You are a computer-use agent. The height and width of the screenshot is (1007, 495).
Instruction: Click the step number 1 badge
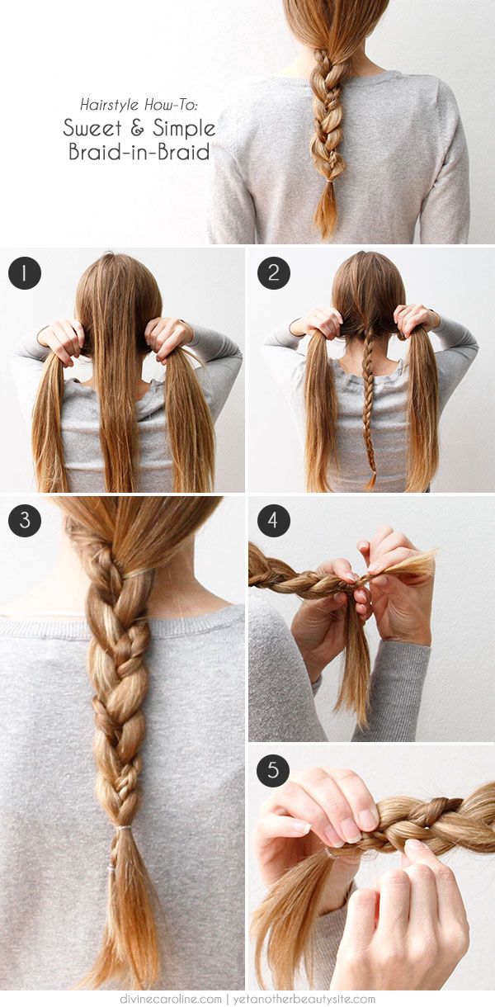tap(25, 272)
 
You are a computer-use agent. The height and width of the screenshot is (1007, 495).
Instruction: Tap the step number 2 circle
tap(274, 272)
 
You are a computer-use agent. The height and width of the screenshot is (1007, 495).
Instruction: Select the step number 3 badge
tap(25, 521)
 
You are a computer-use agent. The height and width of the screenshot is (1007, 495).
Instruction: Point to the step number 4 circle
tap(274, 521)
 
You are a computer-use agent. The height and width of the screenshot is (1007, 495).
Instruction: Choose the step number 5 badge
tap(274, 770)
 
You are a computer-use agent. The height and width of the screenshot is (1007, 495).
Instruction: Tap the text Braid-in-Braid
tap(139, 153)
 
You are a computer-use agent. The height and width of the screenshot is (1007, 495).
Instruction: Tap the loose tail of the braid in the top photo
tap(327, 210)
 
